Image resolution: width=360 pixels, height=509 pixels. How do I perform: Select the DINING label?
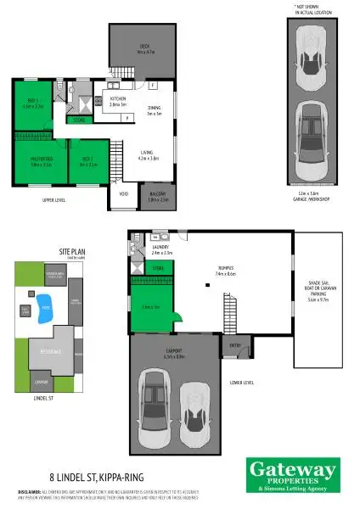(x=154, y=109)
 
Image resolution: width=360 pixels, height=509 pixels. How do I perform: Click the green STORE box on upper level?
(x=78, y=120)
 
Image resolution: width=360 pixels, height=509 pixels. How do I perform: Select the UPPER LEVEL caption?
(x=53, y=200)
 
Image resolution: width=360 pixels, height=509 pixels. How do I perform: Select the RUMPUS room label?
(x=225, y=271)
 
